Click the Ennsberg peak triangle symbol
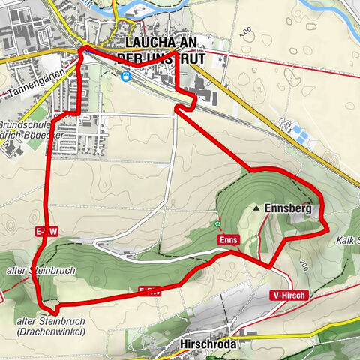[x=257, y=208]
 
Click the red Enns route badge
[x=229, y=239]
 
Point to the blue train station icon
[x=127, y=75]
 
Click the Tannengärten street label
[x=34, y=84]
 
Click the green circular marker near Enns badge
[x=217, y=223]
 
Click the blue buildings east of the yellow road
[x=299, y=134]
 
